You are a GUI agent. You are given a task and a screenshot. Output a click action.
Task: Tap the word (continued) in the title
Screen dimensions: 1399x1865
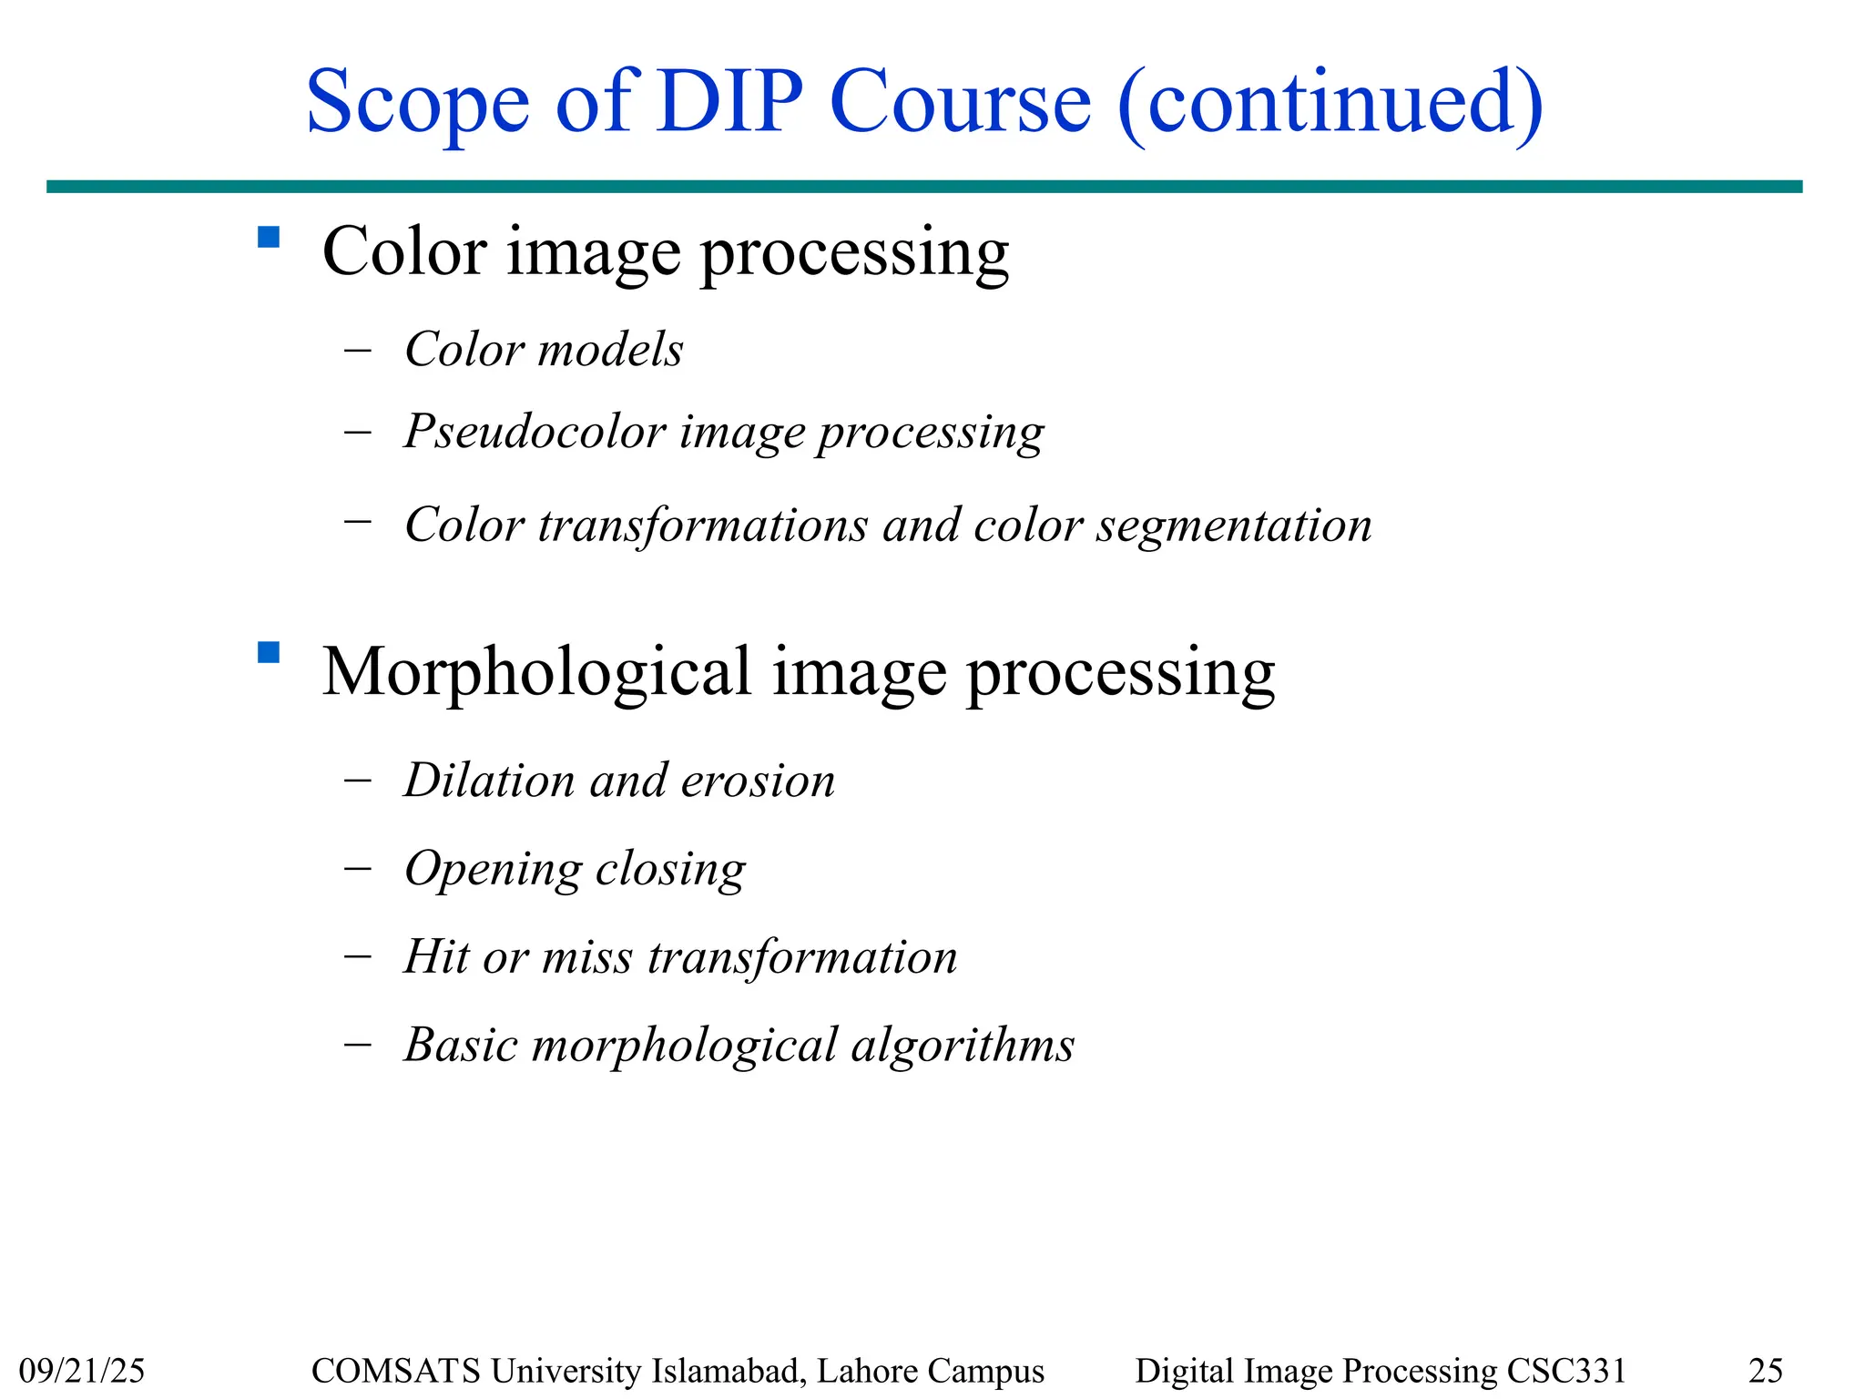point(1330,102)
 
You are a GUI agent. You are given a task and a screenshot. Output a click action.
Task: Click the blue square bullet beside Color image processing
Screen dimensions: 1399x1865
point(269,238)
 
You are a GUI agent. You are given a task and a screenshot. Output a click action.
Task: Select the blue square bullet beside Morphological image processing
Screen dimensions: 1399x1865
point(269,653)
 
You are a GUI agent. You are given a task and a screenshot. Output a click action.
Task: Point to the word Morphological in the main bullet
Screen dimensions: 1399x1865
point(537,672)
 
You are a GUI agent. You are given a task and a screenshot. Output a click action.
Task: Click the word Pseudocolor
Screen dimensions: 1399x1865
point(535,431)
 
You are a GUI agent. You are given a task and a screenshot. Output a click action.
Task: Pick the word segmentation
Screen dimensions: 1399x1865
point(1233,526)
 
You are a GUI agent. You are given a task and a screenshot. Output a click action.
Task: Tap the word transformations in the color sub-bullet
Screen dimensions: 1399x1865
point(702,526)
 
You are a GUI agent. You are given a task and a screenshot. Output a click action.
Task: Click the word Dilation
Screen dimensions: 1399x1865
point(489,781)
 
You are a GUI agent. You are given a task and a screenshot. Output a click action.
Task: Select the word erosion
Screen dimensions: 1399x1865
point(758,781)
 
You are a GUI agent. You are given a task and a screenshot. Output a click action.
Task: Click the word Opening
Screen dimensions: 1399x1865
point(493,869)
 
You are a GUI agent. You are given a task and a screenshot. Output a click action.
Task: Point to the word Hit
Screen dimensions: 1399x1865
point(436,956)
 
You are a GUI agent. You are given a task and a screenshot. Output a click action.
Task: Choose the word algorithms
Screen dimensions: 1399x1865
point(963,1045)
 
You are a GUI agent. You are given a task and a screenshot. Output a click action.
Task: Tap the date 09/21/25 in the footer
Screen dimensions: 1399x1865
point(82,1370)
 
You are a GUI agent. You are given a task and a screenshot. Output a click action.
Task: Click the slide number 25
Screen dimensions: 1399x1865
point(1766,1370)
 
